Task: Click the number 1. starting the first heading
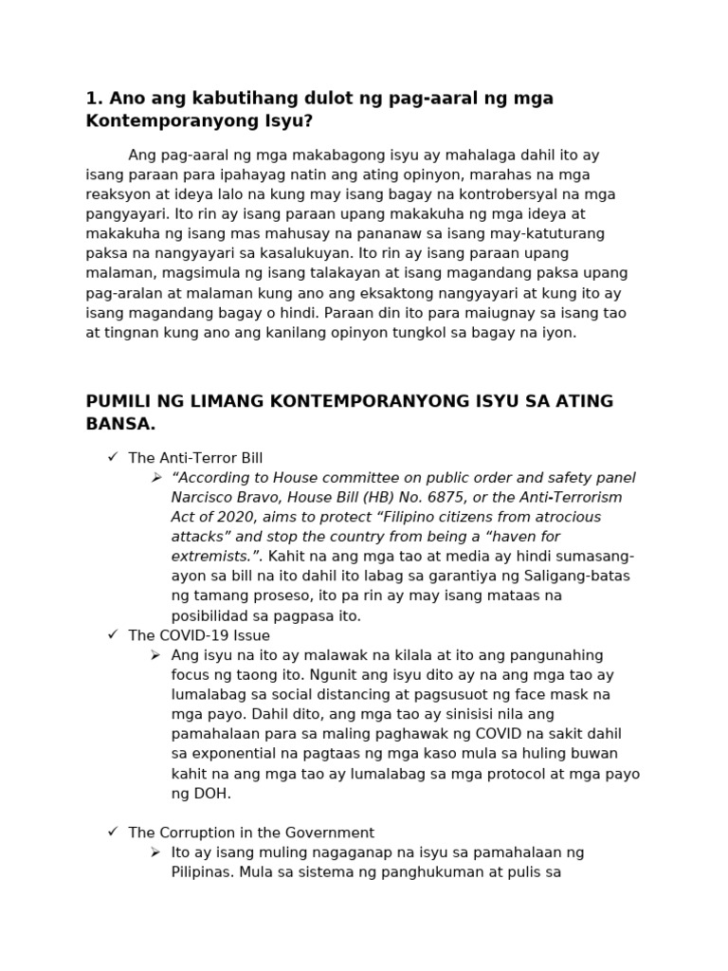(94, 99)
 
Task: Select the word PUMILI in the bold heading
(117, 401)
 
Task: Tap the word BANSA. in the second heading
(120, 423)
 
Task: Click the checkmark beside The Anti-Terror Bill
(113, 458)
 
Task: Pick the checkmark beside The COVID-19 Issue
(113, 635)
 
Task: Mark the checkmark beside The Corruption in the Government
(113, 833)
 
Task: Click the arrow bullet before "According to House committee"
(156, 478)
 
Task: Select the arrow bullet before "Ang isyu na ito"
(156, 655)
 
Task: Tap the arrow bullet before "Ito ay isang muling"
(156, 852)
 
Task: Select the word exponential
(233, 754)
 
